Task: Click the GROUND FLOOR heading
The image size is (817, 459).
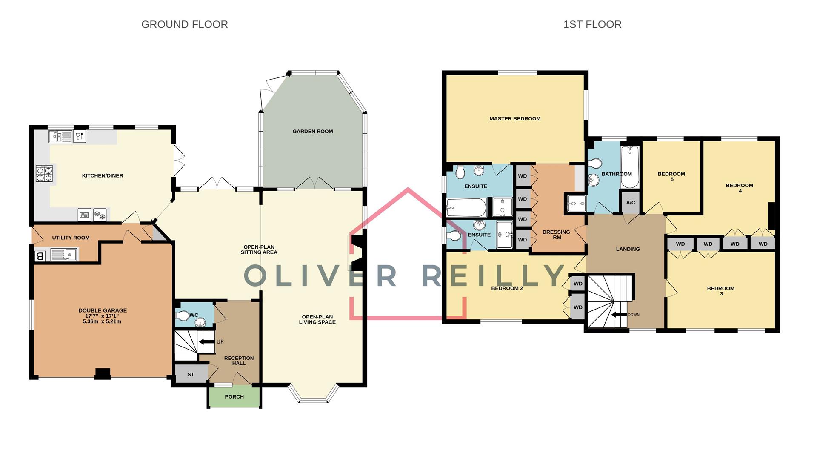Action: [x=184, y=25]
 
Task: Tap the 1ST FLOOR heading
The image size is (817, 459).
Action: [x=592, y=25]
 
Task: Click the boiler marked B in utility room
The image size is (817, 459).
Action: [x=40, y=256]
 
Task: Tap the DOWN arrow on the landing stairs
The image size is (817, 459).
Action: [x=619, y=315]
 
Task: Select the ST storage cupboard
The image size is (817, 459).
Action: [x=191, y=374]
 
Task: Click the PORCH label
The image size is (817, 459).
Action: [x=234, y=396]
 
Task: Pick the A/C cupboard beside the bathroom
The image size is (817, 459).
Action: [x=630, y=203]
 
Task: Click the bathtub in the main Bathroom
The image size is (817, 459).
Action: [x=630, y=167]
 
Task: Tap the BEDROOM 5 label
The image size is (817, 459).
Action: [x=671, y=176]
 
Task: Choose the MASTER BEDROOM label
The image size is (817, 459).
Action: [x=514, y=119]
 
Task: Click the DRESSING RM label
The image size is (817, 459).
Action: [x=556, y=235]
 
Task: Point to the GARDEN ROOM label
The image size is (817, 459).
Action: [x=312, y=132]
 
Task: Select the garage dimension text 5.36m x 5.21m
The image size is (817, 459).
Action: [x=102, y=322]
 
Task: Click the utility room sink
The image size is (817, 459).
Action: [x=63, y=255]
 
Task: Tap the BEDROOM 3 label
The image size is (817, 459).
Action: [x=720, y=291]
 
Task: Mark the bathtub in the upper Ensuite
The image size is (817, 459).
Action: [x=467, y=207]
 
